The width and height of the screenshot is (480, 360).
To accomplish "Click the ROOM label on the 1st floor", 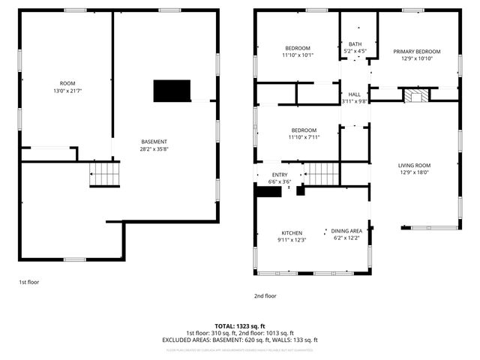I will click(67, 82).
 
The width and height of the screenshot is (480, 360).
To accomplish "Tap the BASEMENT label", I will click(154, 142).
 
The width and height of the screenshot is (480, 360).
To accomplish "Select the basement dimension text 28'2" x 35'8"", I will click(154, 148).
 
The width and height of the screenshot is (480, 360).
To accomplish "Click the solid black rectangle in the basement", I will click(172, 91).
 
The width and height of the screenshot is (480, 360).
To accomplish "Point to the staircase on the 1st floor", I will click(105, 175).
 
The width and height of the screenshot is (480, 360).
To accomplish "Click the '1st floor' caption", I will click(28, 282).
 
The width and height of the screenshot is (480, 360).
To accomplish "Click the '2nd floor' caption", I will click(265, 295).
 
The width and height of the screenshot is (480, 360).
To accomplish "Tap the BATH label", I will click(355, 44).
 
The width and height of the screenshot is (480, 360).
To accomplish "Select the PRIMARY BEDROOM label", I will click(417, 51).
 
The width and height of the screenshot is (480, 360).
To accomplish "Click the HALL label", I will click(355, 94).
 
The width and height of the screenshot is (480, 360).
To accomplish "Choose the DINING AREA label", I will click(347, 231).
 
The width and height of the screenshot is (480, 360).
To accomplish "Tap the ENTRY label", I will click(279, 175).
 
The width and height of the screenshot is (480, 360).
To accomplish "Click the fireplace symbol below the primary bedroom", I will click(414, 96).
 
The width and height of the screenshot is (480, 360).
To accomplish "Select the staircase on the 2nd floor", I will click(322, 175).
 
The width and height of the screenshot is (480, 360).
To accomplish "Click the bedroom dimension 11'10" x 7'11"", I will click(304, 136).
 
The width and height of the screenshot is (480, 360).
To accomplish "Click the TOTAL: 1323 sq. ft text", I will click(240, 325).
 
